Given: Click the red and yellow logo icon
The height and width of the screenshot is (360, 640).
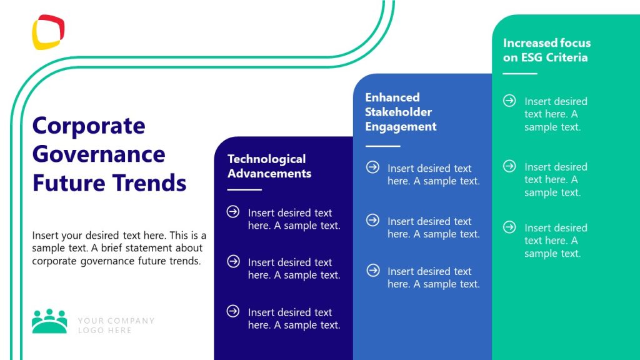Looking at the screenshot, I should click(48, 32).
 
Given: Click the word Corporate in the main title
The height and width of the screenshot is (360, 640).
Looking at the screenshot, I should click(88, 126).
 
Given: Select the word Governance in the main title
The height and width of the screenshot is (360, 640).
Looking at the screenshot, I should click(99, 154).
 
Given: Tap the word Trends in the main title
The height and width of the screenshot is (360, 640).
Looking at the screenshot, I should click(149, 183).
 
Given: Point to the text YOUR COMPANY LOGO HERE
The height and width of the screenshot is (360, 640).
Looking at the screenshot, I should click(116, 325).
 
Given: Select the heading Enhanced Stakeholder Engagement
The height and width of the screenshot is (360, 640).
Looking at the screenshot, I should click(401, 112).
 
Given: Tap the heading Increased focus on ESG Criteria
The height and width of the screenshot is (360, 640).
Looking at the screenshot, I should click(546, 50).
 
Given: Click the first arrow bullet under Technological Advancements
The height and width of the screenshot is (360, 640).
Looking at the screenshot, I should click(233, 212).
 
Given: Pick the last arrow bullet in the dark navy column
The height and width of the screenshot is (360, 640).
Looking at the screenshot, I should click(233, 311).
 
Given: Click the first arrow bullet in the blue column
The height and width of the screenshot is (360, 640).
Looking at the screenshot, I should click(372, 167).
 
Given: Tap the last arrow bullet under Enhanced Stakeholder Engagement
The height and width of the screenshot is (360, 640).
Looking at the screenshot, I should click(372, 271).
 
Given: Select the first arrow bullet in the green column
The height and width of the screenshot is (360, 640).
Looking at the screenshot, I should click(509, 101).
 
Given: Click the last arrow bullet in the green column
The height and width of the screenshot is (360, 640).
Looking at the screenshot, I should click(509, 227).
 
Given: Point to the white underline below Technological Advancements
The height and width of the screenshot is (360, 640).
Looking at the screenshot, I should click(244, 189).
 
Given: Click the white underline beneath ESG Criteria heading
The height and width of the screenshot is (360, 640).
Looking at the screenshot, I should click(520, 74).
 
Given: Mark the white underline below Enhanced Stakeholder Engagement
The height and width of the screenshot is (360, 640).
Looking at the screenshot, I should click(382, 146).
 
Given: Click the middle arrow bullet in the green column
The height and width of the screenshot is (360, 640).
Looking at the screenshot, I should click(509, 166).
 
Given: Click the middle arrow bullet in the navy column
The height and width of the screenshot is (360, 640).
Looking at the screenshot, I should click(233, 261).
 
